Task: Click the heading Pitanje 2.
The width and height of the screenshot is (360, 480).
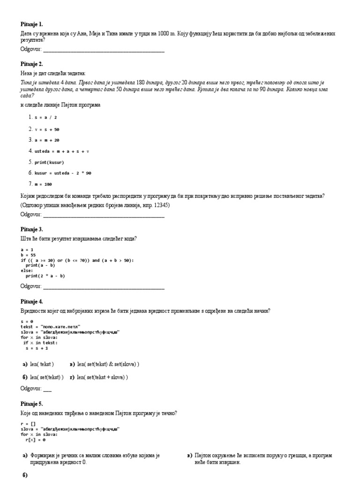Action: [32, 64]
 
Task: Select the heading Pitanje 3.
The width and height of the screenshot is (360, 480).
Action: [32, 229]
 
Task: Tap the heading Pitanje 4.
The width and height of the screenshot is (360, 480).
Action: [32, 301]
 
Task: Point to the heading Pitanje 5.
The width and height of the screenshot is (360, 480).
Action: [32, 403]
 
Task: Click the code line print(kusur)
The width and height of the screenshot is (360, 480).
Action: [49, 162]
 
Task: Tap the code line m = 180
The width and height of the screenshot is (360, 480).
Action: [45, 184]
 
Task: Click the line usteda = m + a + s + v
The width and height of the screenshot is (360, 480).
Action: [61, 151]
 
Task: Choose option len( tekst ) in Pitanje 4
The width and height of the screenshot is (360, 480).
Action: [42, 364]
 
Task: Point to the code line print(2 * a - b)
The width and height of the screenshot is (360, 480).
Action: [45, 276]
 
